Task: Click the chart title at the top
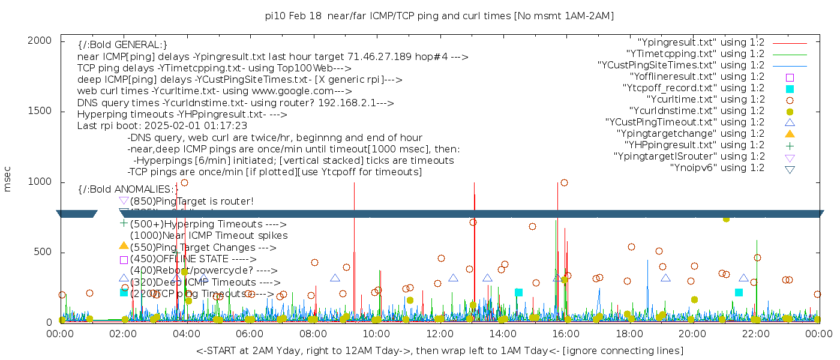pos(439,16)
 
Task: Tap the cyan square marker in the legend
pos(790,89)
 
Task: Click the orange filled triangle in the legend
pos(790,134)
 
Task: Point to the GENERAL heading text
pos(122,45)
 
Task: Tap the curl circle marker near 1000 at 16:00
pos(564,182)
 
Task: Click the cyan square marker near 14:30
pos(518,292)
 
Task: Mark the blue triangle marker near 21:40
pos(743,278)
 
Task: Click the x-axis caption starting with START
pos(439,350)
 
